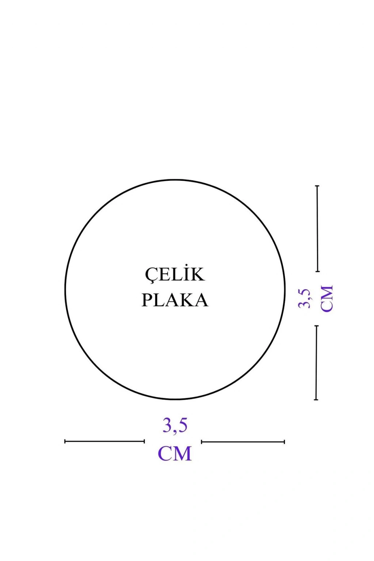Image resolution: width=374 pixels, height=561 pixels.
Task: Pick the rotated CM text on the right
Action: (327, 298)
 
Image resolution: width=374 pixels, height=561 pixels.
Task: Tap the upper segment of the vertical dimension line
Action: (317, 228)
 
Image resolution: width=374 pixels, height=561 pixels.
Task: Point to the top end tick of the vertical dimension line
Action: (317, 186)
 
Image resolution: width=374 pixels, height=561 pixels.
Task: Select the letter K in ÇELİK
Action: (197, 275)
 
